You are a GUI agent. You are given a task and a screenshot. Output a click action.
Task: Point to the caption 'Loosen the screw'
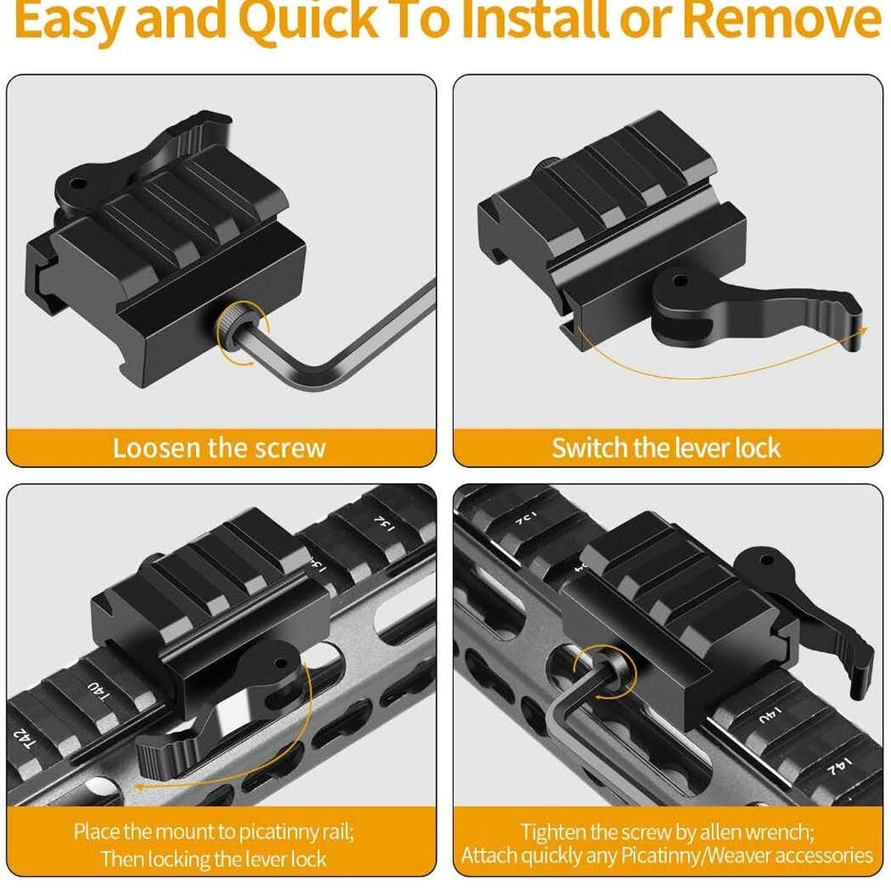[x=219, y=448]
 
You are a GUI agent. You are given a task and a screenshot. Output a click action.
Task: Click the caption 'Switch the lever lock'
[x=666, y=448]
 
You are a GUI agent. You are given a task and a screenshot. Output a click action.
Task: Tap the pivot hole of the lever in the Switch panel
[x=680, y=280]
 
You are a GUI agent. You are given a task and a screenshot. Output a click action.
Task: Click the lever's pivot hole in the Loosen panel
[x=78, y=184]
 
